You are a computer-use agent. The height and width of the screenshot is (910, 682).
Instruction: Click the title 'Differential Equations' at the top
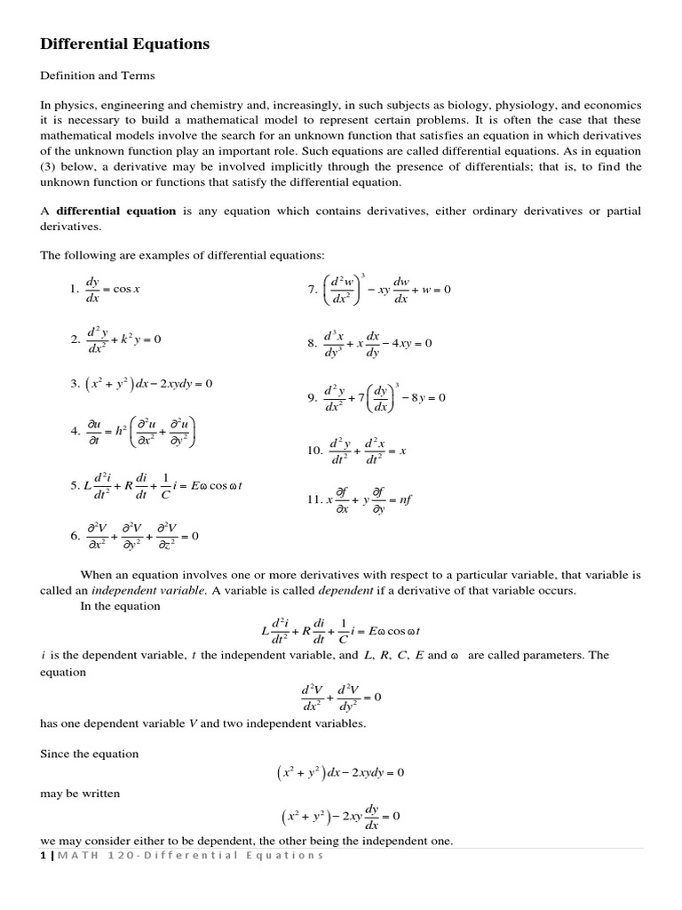pyautogui.click(x=125, y=44)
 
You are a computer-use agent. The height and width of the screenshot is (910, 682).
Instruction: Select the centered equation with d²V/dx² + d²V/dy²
pyautogui.click(x=341, y=698)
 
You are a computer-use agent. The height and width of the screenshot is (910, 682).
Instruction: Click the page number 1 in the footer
pyautogui.click(x=43, y=855)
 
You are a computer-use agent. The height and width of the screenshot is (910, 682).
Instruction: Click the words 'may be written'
pyautogui.click(x=80, y=793)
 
